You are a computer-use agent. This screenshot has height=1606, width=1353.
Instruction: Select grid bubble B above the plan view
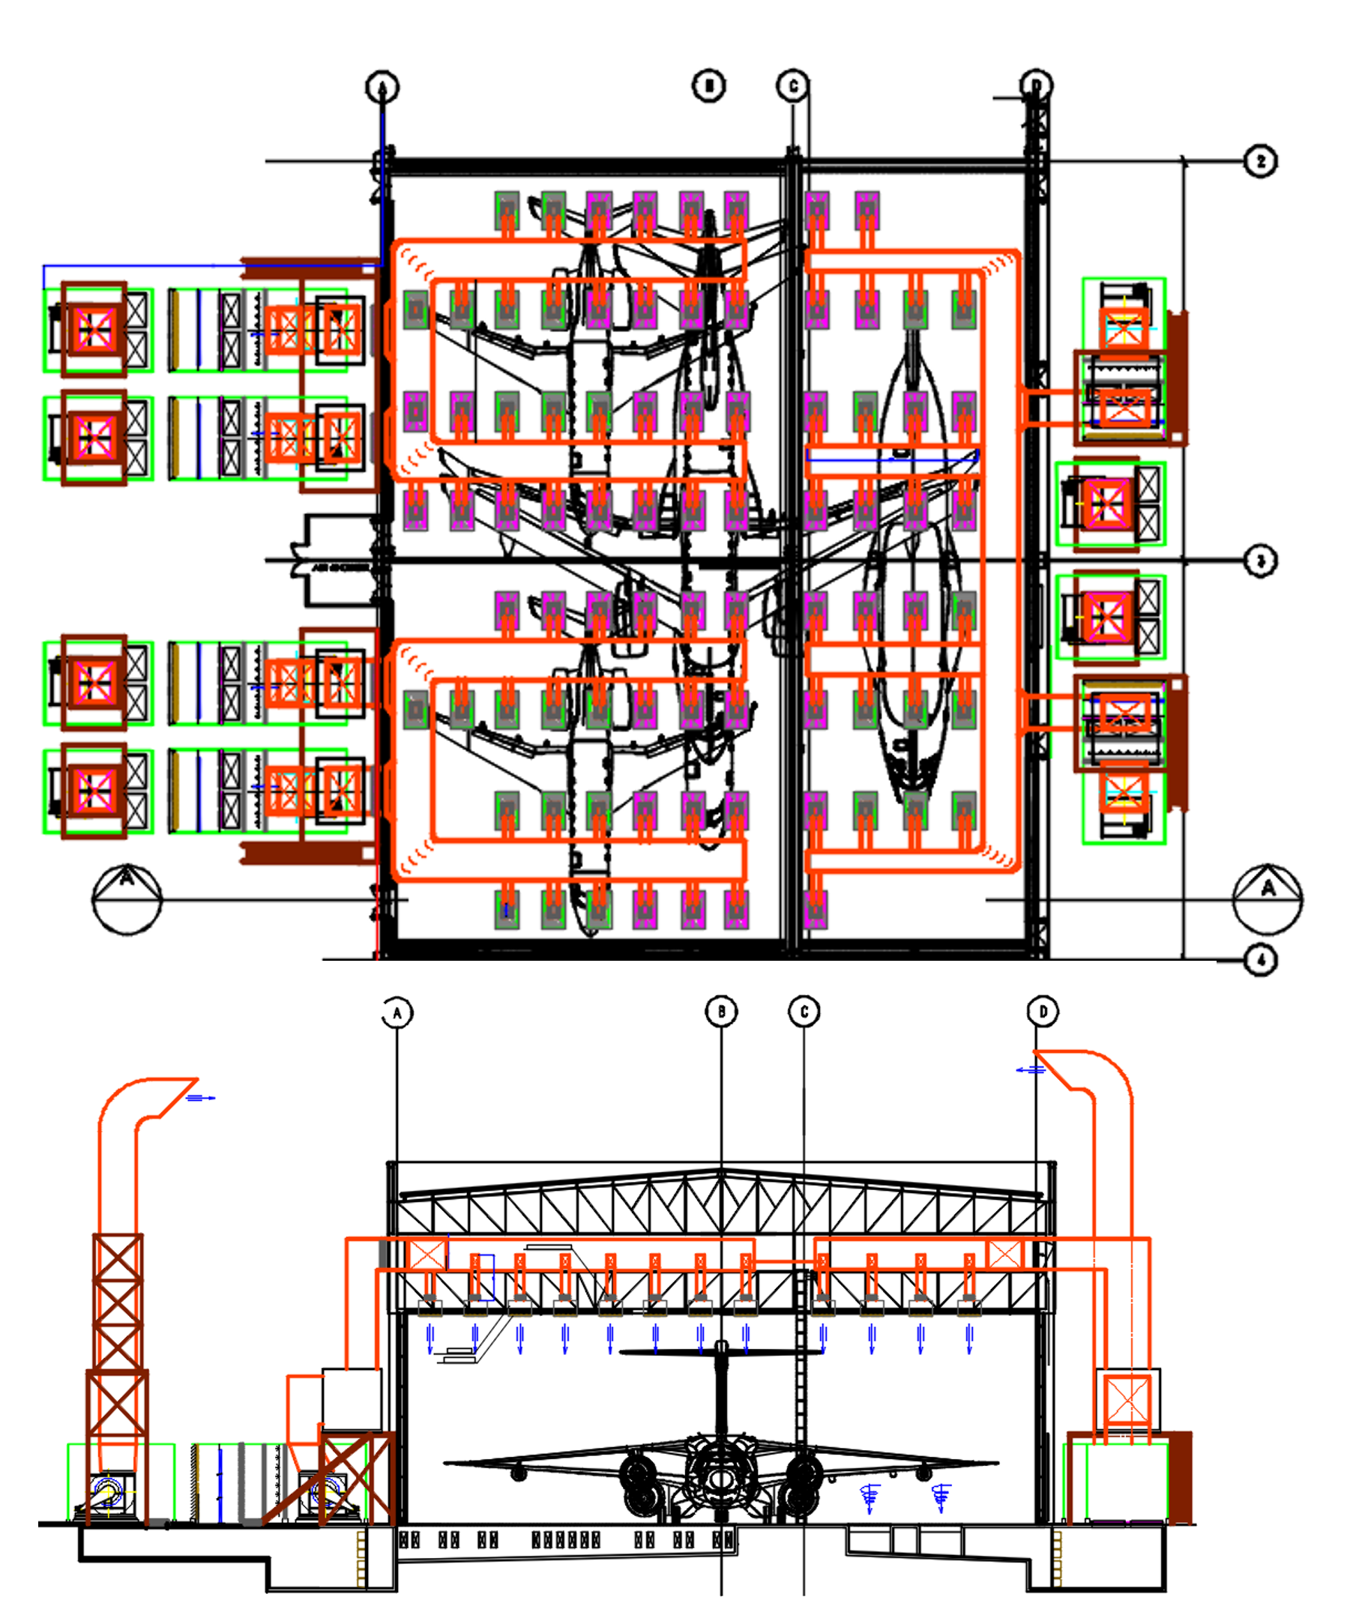[x=708, y=85]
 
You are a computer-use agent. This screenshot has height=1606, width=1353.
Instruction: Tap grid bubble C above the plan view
[x=793, y=85]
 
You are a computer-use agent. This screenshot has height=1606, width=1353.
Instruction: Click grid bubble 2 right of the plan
[x=1261, y=162]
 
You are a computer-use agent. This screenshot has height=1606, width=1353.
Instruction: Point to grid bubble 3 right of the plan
[x=1261, y=561]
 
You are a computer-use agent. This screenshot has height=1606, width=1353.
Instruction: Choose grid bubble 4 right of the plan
[x=1261, y=959]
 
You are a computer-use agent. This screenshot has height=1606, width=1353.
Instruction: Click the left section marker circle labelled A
[x=127, y=899]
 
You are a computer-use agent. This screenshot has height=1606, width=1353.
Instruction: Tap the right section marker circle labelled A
[x=1268, y=899]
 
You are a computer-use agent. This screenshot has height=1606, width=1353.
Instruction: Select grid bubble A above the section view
[x=397, y=1013]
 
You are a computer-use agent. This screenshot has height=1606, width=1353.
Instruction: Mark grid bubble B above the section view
[x=721, y=1012]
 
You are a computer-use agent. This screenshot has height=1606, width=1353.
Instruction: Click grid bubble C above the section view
[x=804, y=1012]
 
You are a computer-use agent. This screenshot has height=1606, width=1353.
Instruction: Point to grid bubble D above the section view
[x=1043, y=1012]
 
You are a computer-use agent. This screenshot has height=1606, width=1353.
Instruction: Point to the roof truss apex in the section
[x=721, y=1171]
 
